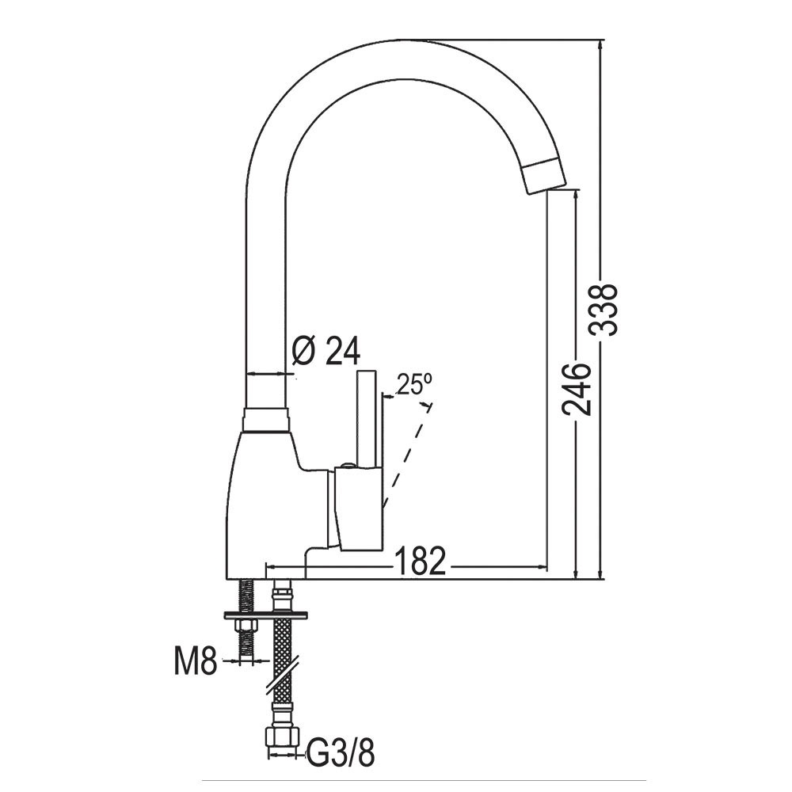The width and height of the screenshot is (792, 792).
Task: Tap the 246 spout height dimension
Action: click(x=577, y=388)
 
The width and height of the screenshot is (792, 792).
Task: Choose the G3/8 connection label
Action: click(x=341, y=755)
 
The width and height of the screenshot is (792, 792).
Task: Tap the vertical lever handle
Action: click(x=367, y=419)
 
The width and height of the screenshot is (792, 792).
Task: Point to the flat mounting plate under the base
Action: click(x=265, y=615)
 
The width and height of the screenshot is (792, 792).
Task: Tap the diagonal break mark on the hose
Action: click(x=282, y=674)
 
